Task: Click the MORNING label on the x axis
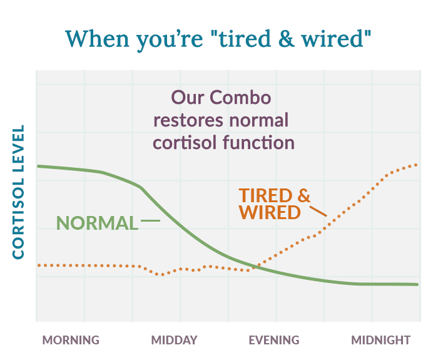[71, 341]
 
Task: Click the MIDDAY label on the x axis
[174, 341]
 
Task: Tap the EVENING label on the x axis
[274, 341]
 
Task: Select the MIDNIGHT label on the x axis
[380, 341]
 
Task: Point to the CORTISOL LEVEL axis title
[18, 192]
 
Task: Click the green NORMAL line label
[97, 223]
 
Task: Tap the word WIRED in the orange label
[269, 212]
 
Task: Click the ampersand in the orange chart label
[303, 195]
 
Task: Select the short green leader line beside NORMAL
[150, 221]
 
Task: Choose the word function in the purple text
[259, 142]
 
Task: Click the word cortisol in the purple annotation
[185, 142]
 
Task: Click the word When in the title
[96, 39]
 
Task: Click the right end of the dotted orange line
[417, 165]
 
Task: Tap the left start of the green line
[38, 166]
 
